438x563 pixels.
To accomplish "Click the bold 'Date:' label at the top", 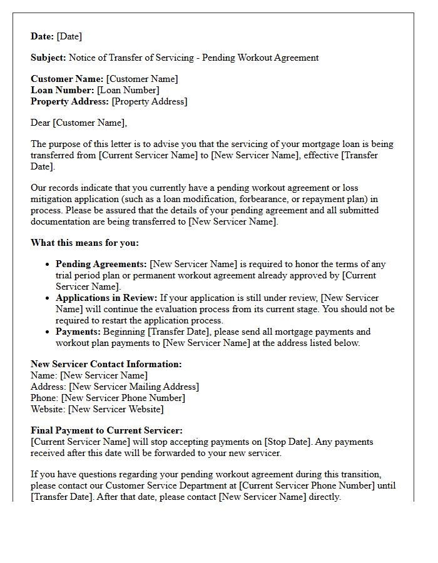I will coord(43,36).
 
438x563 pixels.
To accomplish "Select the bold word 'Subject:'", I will coord(48,58).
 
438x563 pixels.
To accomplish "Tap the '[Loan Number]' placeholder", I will coord(128,90).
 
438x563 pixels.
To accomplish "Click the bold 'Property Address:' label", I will coord(69,101).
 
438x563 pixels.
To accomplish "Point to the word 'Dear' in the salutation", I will coord(40,123).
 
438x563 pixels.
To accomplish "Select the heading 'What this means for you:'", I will coord(84,243).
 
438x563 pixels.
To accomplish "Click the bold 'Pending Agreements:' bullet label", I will coord(101,264).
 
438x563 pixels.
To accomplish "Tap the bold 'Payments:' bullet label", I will coord(78,332).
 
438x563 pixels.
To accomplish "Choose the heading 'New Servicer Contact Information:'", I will coord(106,364).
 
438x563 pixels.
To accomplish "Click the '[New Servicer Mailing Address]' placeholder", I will coord(134,387).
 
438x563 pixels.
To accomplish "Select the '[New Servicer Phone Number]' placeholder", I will coord(123,398).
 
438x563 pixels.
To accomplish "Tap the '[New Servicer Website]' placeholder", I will coord(116,409).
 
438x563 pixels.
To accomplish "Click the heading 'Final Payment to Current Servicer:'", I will coord(106,430).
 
